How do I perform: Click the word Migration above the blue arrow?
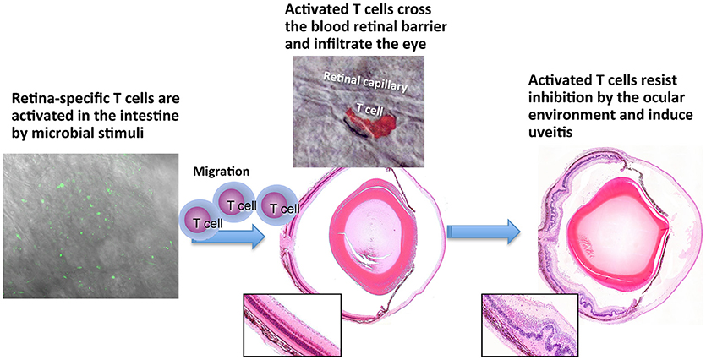click(216, 172)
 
